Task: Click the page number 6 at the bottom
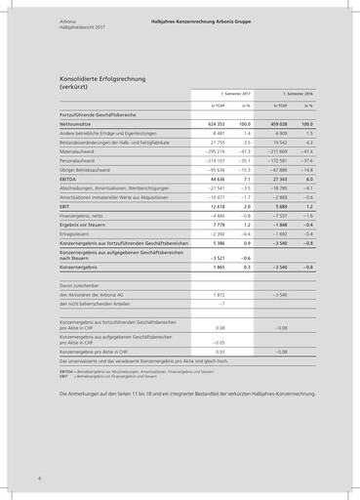pos(39,479)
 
